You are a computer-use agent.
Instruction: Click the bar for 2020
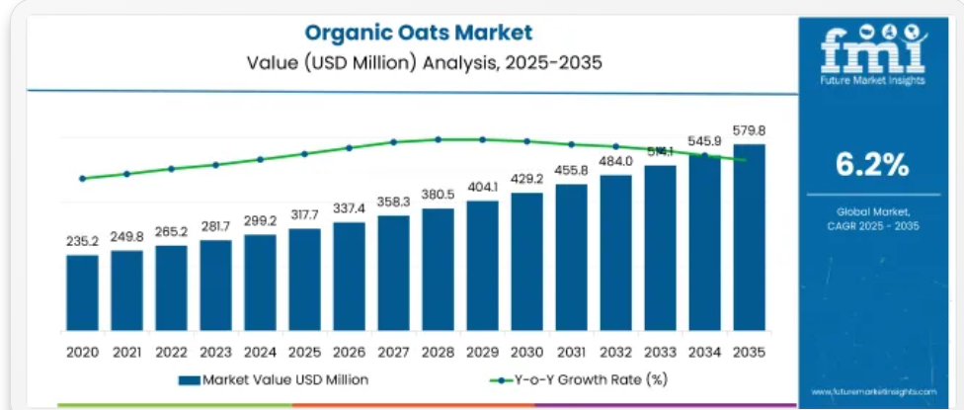[x=82, y=294]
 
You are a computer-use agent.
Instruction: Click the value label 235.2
[x=82, y=240]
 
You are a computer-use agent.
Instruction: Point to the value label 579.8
[x=749, y=129]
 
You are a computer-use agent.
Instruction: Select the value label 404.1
[x=482, y=186]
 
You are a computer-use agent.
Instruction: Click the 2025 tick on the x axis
[x=304, y=351]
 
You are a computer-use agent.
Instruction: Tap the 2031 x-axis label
[x=571, y=351]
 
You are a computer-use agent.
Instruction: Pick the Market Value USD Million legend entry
[x=274, y=379]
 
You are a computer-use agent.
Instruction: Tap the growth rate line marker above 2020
[x=82, y=179]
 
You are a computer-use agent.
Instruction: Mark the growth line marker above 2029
[x=482, y=139]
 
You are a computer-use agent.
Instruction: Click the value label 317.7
[x=304, y=214]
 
